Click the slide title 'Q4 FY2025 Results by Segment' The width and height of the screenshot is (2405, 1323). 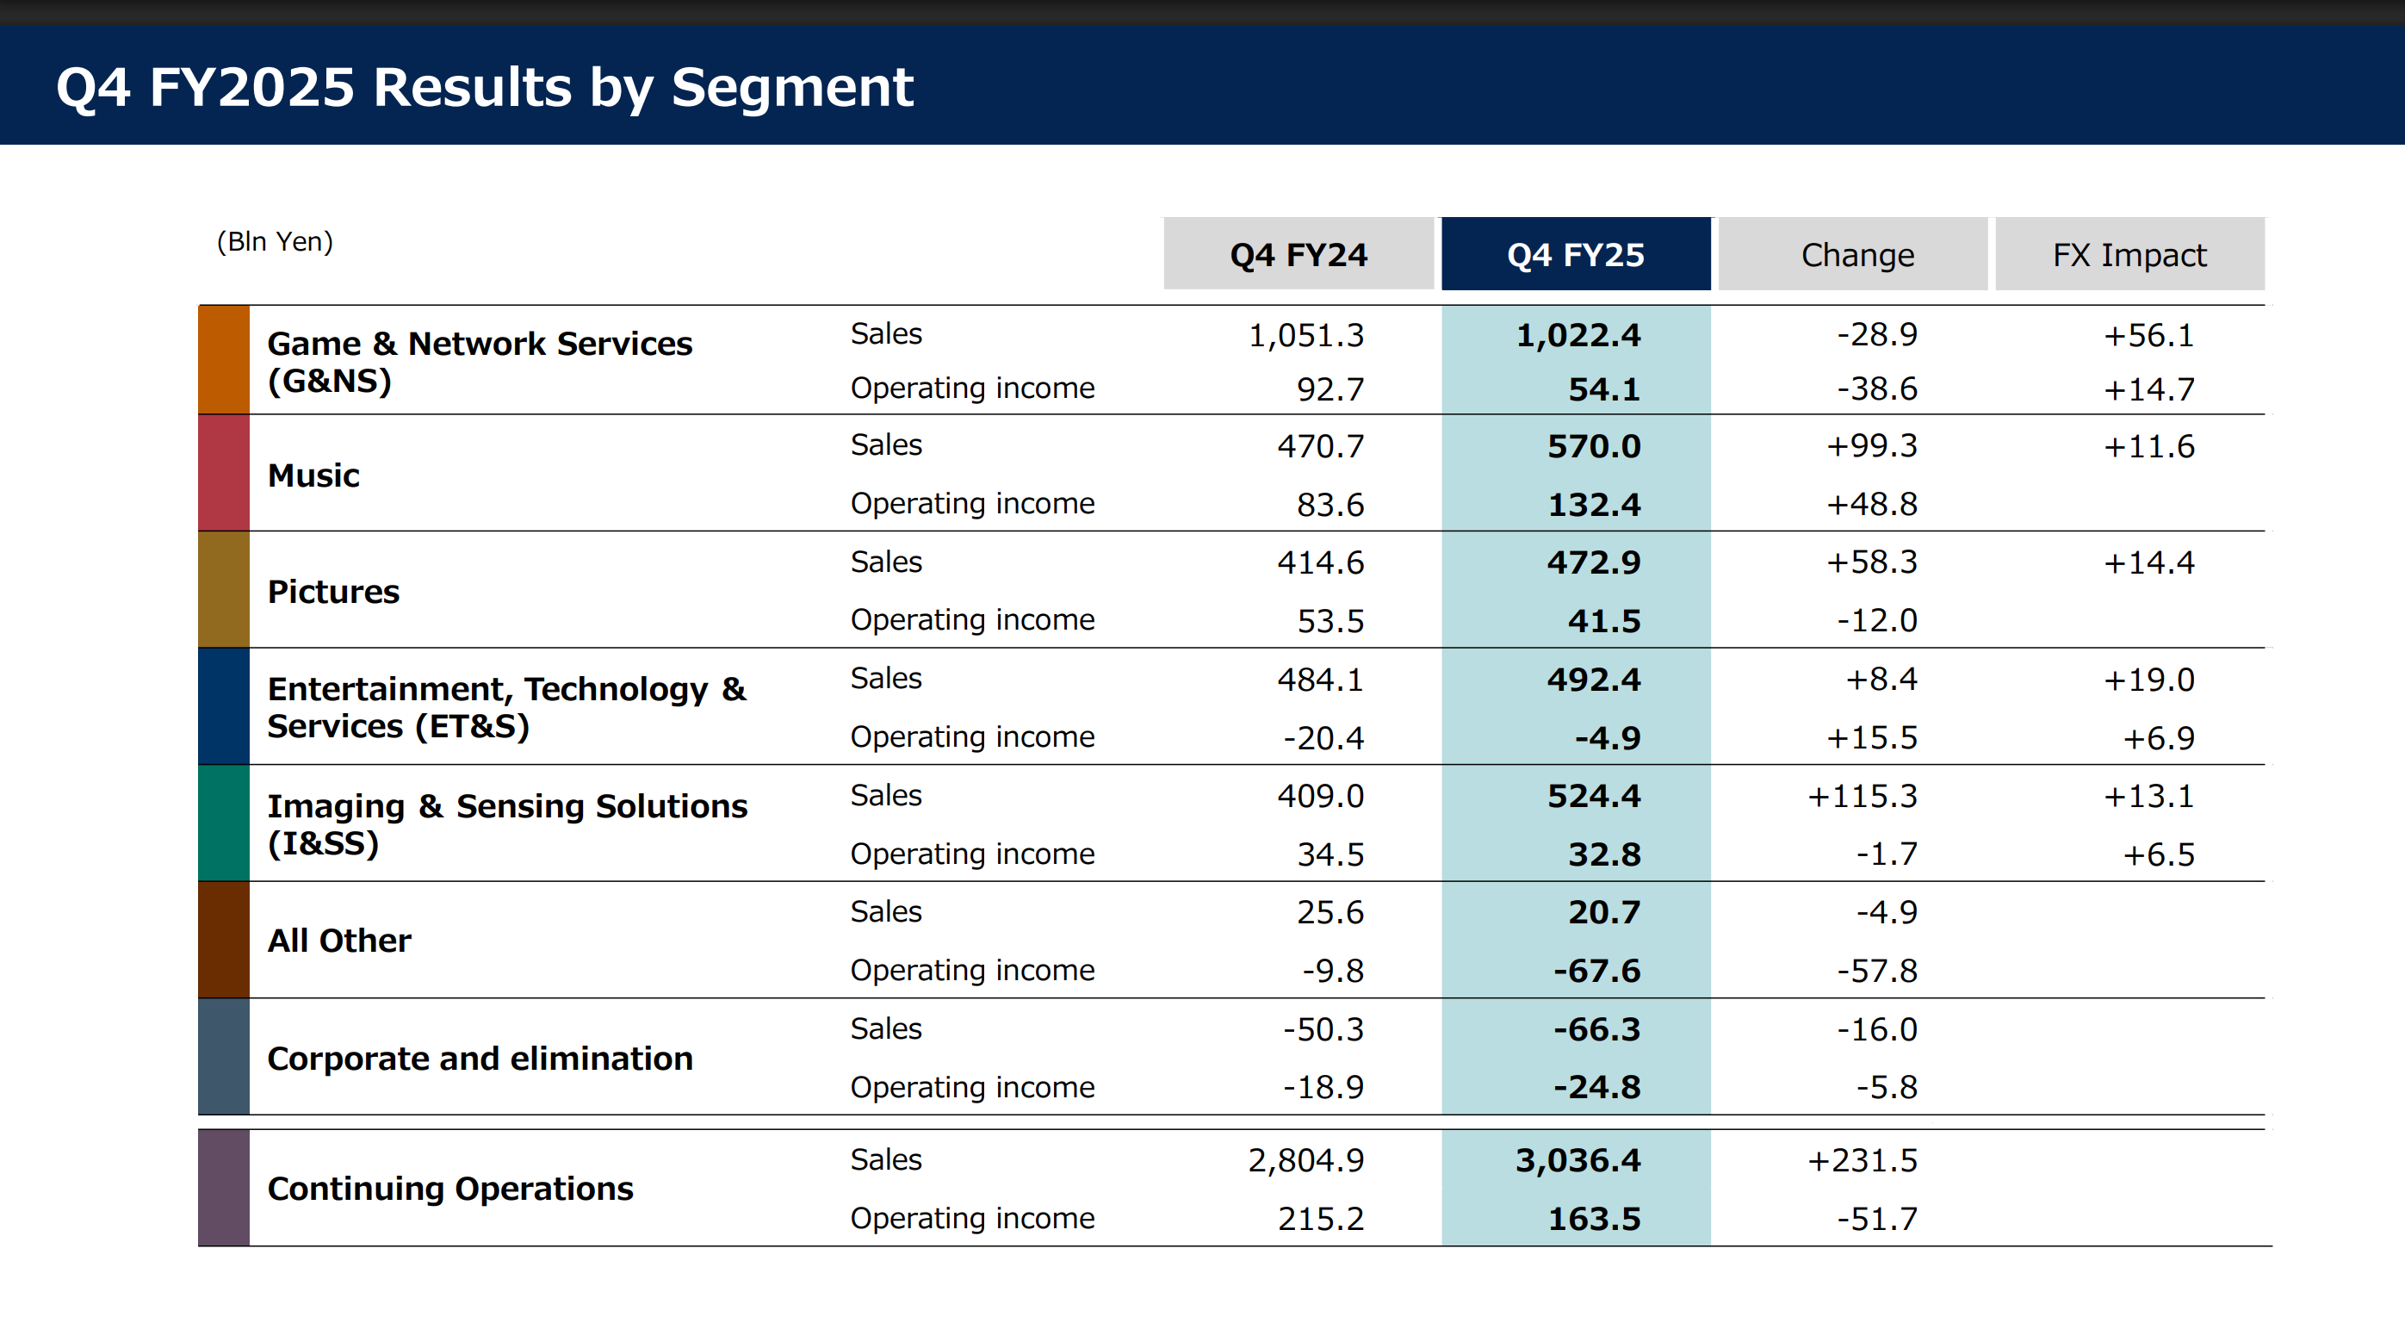pyautogui.click(x=485, y=88)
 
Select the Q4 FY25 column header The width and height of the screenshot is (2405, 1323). pyautogui.click(x=1576, y=254)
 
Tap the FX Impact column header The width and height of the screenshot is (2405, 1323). pyautogui.click(x=2129, y=254)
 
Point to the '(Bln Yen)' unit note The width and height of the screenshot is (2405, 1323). pyautogui.click(x=275, y=242)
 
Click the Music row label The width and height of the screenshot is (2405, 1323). pyautogui.click(x=313, y=475)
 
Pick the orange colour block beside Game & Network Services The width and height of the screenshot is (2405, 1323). pyautogui.click(x=224, y=359)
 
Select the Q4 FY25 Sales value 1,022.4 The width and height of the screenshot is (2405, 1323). pyautogui.click(x=1578, y=335)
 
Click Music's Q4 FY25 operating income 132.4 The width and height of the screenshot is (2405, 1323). pyautogui.click(x=1594, y=504)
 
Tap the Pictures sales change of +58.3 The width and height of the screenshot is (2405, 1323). pyautogui.click(x=1871, y=562)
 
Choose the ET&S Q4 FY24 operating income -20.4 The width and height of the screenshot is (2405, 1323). pyautogui.click(x=1323, y=737)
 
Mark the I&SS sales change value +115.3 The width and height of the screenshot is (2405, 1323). pyautogui.click(x=1862, y=796)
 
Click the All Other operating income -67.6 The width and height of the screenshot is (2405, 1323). pyautogui.click(x=1596, y=970)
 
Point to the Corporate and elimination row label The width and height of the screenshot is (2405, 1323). pyautogui.click(x=480, y=1058)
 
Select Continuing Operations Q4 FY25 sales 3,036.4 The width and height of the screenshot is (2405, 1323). pyautogui.click(x=1578, y=1160)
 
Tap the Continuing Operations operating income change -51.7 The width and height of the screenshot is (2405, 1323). pyautogui.click(x=1876, y=1219)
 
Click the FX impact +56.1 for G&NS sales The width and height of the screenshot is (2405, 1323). pyautogui.click(x=2148, y=335)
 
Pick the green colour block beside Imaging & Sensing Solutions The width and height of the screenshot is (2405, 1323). pyautogui.click(x=224, y=823)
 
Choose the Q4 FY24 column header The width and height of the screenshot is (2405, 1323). pyautogui.click(x=1299, y=254)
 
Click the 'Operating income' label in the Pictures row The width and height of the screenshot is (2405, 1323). pyautogui.click(x=972, y=620)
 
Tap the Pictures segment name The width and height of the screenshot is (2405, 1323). pyautogui.click(x=333, y=592)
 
